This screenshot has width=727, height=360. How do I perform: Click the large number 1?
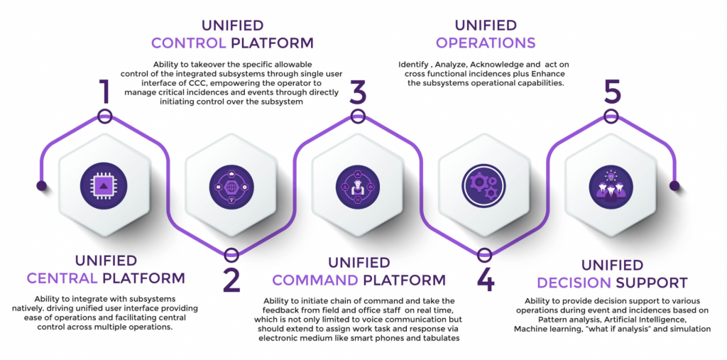click(104, 91)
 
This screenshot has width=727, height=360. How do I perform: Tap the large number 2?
click(231, 280)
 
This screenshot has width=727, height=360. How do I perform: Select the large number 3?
click(358, 92)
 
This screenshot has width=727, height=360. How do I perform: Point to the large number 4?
click(485, 280)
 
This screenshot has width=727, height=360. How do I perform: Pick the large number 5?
click(611, 92)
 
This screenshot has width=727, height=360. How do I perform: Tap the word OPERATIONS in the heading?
click(486, 43)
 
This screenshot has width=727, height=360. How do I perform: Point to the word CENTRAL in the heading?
click(62, 278)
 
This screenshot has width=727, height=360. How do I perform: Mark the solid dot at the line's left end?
click(42, 186)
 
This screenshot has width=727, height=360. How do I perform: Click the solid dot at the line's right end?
click(674, 186)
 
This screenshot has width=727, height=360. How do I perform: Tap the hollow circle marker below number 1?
click(104, 116)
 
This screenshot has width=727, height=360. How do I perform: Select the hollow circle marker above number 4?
click(485, 254)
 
